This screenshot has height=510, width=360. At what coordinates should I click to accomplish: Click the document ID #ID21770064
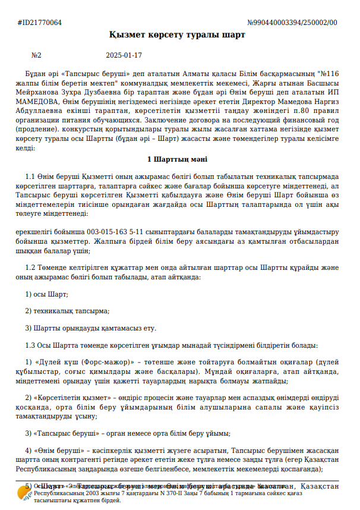40,23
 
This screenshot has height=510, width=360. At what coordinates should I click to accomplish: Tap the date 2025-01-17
124,55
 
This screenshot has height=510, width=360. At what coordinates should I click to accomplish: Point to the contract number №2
36,55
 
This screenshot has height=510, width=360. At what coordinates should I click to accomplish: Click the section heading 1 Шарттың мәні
177,159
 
